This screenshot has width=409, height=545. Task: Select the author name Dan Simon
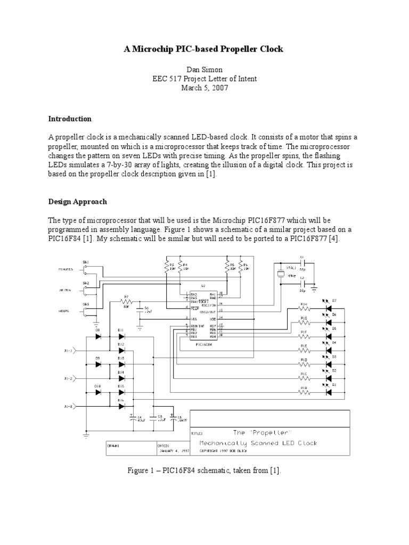pos(204,69)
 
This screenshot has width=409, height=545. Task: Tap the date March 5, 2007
pos(204,88)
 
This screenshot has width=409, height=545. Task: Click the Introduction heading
pos(70,119)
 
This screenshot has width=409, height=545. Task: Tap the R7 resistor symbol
pos(126,302)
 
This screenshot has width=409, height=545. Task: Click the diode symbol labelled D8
pos(98,336)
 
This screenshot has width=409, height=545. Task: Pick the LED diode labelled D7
pos(327,301)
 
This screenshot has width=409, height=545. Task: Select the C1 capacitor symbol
pos(302,263)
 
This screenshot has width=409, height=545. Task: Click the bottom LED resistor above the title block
pos(304,392)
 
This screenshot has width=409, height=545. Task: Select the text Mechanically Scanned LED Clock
pos(258,443)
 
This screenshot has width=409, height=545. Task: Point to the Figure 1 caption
pos(204,470)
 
